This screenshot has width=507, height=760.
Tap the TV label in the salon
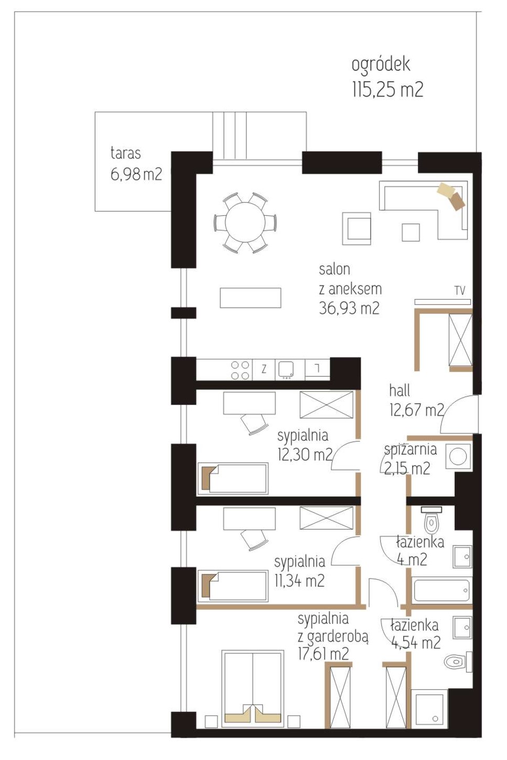[459, 290]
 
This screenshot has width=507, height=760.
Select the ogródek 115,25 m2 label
[387, 78]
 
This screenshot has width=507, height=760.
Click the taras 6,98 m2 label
[136, 164]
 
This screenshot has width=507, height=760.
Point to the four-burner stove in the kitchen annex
[240, 370]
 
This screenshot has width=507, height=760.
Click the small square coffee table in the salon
[411, 232]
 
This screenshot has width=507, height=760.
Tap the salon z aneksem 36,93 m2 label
[350, 289]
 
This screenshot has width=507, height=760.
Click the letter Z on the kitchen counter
[263, 369]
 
